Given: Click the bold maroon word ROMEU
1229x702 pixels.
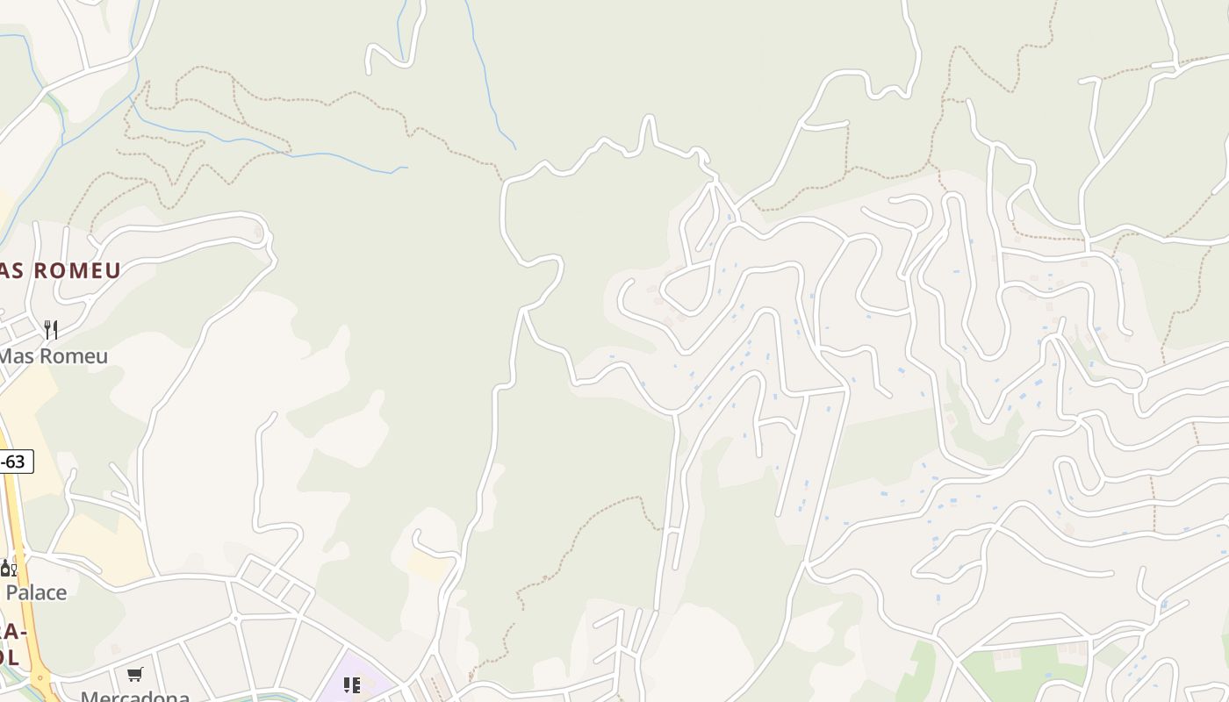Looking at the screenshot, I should [x=78, y=270].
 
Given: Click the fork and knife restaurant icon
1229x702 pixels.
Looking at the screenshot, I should [x=51, y=330].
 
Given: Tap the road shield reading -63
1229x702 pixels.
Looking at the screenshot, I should [x=14, y=462].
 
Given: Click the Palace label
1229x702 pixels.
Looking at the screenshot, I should [x=36, y=592].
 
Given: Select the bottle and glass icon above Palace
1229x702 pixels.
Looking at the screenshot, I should [x=8, y=568].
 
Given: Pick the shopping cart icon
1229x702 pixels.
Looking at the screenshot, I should [x=134, y=675].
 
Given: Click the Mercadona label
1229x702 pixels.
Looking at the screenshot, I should [x=135, y=697].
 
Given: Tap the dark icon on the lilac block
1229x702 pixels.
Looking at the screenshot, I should [x=351, y=684].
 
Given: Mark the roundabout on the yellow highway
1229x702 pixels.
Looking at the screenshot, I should [x=40, y=677].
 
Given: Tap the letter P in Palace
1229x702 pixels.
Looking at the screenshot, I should [x=11, y=592].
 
